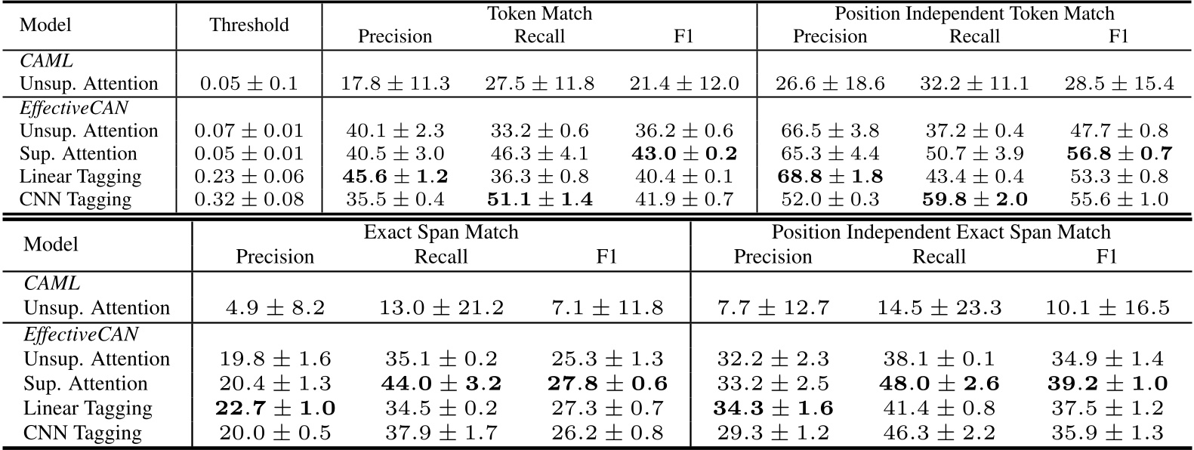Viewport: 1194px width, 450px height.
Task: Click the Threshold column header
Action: click(x=249, y=25)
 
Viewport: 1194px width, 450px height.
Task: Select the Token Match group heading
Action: click(x=539, y=13)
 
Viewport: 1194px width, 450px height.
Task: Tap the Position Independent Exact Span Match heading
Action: click(x=941, y=232)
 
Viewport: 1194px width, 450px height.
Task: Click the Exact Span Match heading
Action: click(x=441, y=232)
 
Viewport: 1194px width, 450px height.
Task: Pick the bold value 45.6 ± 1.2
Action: click(x=395, y=177)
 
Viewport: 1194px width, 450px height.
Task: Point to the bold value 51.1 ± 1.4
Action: click(x=539, y=200)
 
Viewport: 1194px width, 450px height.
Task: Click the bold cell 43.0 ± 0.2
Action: click(x=683, y=154)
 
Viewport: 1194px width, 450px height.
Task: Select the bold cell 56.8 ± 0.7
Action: click(x=1118, y=154)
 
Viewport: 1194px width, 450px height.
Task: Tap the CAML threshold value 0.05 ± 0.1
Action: click(x=249, y=84)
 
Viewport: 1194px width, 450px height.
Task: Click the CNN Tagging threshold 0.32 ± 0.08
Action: click(x=249, y=200)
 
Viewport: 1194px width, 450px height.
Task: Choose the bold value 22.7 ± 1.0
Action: click(x=275, y=408)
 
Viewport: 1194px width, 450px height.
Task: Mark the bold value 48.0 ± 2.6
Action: click(x=939, y=384)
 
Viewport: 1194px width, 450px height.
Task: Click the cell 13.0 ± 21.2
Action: click(x=441, y=308)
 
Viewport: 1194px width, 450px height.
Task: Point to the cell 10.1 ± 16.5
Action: click(x=1106, y=308)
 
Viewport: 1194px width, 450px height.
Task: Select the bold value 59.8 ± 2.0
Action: click(x=974, y=200)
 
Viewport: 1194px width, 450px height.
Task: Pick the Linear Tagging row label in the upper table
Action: click(x=81, y=177)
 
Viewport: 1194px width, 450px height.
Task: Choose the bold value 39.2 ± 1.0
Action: click(x=1106, y=384)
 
